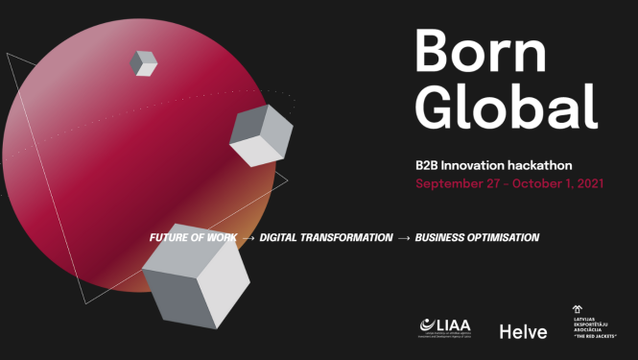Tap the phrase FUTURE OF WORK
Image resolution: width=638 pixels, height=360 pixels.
coord(193,237)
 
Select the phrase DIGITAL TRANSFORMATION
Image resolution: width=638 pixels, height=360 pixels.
coord(326,237)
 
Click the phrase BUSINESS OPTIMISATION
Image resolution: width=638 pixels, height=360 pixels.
coord(477,237)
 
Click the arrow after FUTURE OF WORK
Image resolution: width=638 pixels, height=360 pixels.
coord(248,237)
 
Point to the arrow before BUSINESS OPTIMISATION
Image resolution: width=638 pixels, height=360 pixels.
coord(404,237)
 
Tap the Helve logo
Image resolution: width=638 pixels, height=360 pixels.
coord(523,331)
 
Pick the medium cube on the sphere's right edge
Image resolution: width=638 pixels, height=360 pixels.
coord(260,135)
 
